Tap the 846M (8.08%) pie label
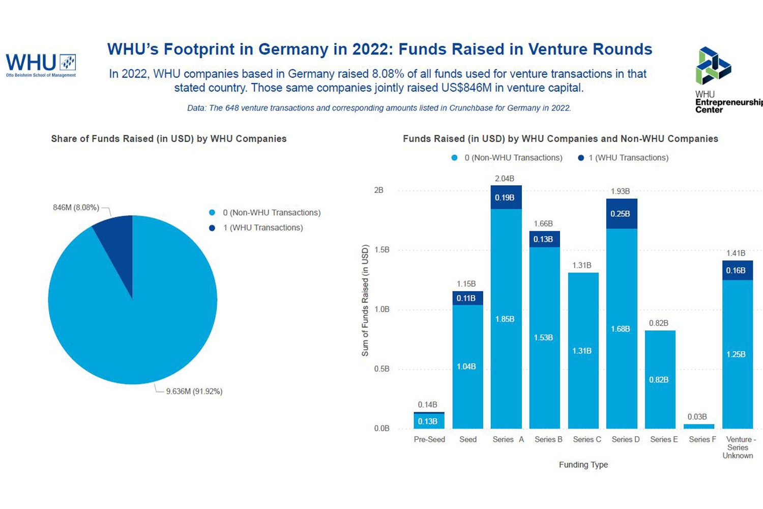click(76, 208)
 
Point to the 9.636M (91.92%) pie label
click(194, 391)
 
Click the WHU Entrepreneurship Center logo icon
click(713, 66)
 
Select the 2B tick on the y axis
click(378, 190)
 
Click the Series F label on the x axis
click(702, 439)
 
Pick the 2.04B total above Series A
click(505, 179)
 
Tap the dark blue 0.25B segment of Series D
click(622, 214)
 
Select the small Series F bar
click(699, 426)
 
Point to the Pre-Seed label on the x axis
click(429, 439)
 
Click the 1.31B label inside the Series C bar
click(582, 351)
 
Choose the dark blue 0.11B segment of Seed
click(467, 298)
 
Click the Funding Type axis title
click(583, 465)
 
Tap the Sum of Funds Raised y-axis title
click(365, 300)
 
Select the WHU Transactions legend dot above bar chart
click(581, 158)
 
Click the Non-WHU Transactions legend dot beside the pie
click(212, 213)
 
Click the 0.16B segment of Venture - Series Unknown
click(737, 271)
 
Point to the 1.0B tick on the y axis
click(382, 309)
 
